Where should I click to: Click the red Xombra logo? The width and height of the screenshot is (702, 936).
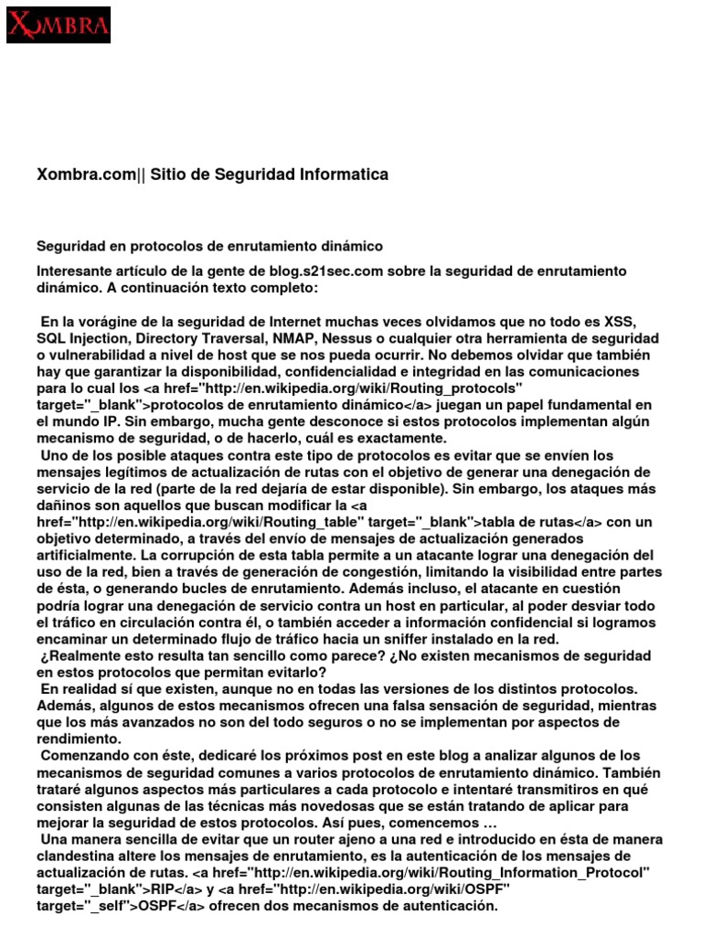(58, 25)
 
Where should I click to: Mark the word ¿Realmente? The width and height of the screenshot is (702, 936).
(80, 655)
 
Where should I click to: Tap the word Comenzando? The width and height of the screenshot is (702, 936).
(84, 756)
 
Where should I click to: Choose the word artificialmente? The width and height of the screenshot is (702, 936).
(95, 555)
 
